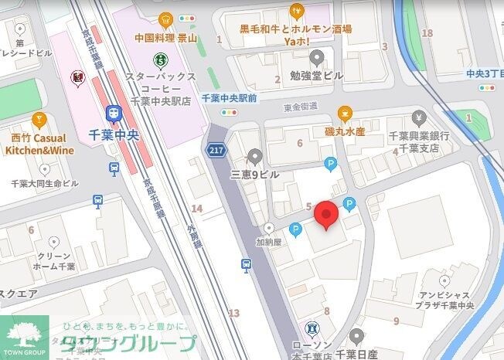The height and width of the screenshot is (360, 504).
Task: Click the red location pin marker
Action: [327, 215]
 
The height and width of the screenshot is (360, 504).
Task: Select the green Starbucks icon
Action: [160, 58]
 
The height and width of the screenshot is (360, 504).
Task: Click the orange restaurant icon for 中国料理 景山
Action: [165, 19]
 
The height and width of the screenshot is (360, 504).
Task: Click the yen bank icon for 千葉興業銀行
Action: [419, 118]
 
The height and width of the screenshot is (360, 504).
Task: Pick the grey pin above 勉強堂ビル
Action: [316, 57]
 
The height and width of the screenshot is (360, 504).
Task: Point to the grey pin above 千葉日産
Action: [356, 336]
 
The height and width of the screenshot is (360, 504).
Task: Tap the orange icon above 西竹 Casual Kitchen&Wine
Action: [39, 121]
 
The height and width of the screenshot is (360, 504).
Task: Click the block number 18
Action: [427, 32]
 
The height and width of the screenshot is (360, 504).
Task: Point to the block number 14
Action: [197, 209]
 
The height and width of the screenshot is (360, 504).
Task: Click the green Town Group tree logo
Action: [23, 334]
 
